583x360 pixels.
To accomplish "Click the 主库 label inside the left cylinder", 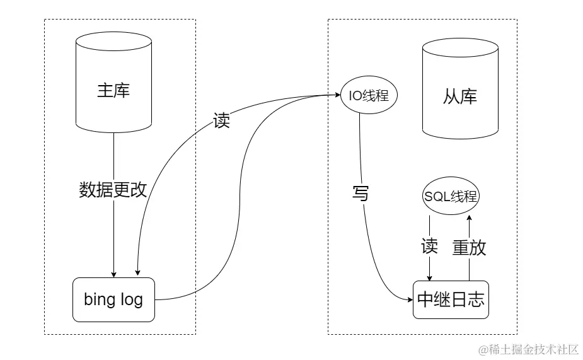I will pyautogui.click(x=113, y=90).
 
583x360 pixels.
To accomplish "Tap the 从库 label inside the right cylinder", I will pyautogui.click(x=460, y=96).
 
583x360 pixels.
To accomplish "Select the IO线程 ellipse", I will pyautogui.click(x=369, y=96).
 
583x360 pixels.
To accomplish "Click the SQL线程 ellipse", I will pyautogui.click(x=450, y=196).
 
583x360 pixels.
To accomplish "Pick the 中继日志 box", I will pyautogui.click(x=451, y=299).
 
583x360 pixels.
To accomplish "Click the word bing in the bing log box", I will pyautogui.click(x=99, y=299).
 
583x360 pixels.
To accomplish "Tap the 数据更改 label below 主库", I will pyautogui.click(x=113, y=190).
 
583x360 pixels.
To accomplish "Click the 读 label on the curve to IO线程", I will pyautogui.click(x=222, y=121).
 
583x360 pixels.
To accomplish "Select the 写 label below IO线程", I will pyautogui.click(x=360, y=194).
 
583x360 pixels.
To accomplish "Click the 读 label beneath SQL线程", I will pyautogui.click(x=429, y=247).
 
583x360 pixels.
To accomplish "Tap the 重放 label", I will pyautogui.click(x=470, y=247).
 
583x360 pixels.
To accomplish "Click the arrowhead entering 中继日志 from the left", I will pyautogui.click(x=410, y=299).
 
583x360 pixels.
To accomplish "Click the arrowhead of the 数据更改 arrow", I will pyautogui.click(x=113, y=274).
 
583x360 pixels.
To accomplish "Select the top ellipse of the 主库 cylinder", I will pyautogui.click(x=113, y=42).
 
